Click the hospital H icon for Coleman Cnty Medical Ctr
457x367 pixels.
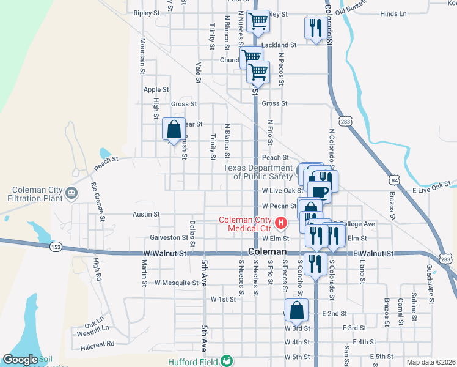281,222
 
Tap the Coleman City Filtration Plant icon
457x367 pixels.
72,194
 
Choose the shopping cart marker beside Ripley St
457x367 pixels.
259,21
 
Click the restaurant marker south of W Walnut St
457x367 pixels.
315,263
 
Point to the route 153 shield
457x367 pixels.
55,247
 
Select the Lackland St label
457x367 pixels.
279,45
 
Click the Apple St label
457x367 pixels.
152,89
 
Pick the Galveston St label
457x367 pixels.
169,237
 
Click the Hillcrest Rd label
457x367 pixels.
97,344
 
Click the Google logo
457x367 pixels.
20,360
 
